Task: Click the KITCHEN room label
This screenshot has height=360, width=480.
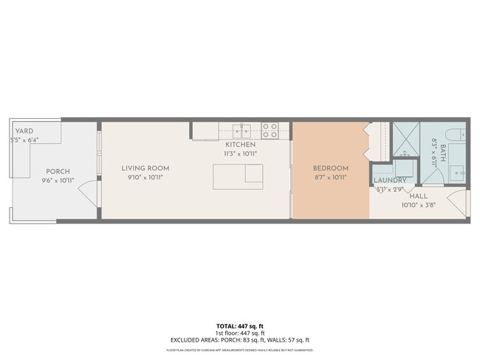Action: [x=240, y=145]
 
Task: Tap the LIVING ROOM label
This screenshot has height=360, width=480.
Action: [x=145, y=168]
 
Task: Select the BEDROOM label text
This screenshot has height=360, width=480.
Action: [x=330, y=168]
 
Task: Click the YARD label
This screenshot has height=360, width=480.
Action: [x=24, y=131]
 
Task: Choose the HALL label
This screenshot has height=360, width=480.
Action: [x=418, y=196]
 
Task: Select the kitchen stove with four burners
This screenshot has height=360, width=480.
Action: [x=270, y=131]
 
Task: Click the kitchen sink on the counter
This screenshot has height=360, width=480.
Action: [x=242, y=131]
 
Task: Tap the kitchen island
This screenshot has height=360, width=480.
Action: [x=238, y=176]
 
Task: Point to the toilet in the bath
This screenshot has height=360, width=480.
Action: [x=457, y=134]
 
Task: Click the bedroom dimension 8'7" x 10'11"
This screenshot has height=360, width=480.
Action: [x=330, y=177]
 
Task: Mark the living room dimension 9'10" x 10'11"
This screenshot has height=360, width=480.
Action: [x=145, y=177]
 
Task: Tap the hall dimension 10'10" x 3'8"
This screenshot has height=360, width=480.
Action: [x=418, y=205]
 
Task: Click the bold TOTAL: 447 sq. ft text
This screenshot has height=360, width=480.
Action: [x=239, y=325]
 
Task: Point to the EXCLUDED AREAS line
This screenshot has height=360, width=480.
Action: [x=239, y=339]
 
